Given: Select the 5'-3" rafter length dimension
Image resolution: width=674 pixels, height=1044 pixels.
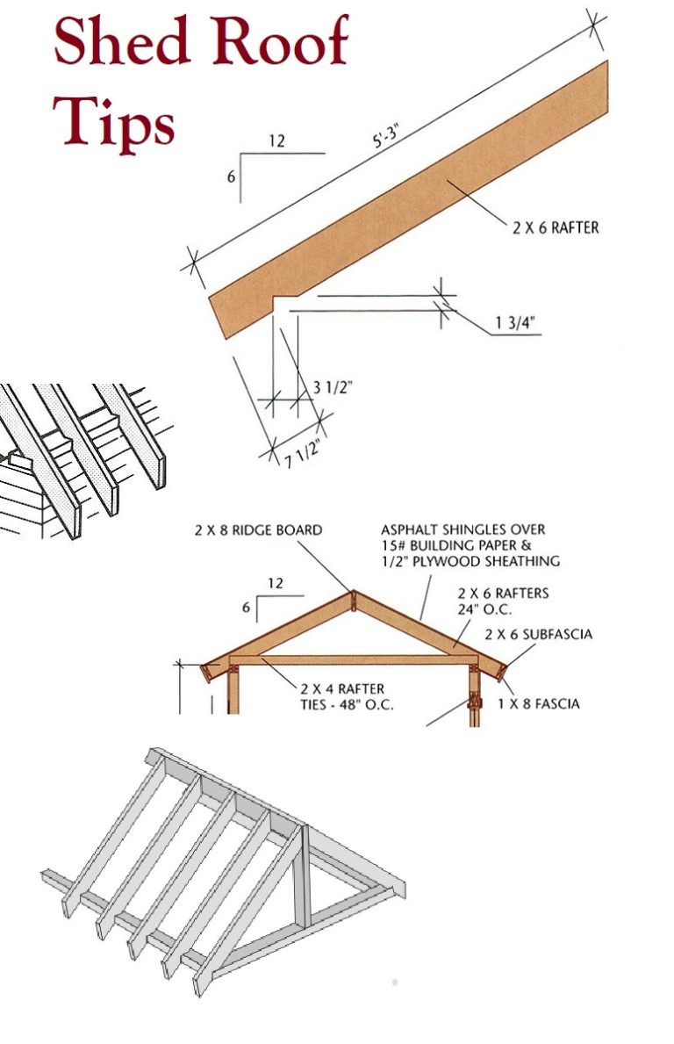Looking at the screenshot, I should pos(386,140).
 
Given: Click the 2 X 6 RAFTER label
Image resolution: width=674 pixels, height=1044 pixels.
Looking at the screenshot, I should pos(556,227).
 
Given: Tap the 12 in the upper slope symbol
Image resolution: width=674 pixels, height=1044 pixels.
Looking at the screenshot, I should pos(276,141).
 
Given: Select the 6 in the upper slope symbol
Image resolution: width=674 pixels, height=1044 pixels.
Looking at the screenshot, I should pos(231,176).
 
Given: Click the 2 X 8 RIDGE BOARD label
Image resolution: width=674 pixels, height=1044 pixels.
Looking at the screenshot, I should pos(258,530).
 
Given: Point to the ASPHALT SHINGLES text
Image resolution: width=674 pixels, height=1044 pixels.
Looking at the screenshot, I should pos(462,529).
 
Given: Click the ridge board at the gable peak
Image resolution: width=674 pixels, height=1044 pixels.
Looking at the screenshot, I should pos(351,601).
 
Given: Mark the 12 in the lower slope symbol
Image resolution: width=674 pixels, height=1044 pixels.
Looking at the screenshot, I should pos(277,583).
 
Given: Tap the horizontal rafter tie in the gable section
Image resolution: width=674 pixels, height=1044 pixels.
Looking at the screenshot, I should pos(351,659).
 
